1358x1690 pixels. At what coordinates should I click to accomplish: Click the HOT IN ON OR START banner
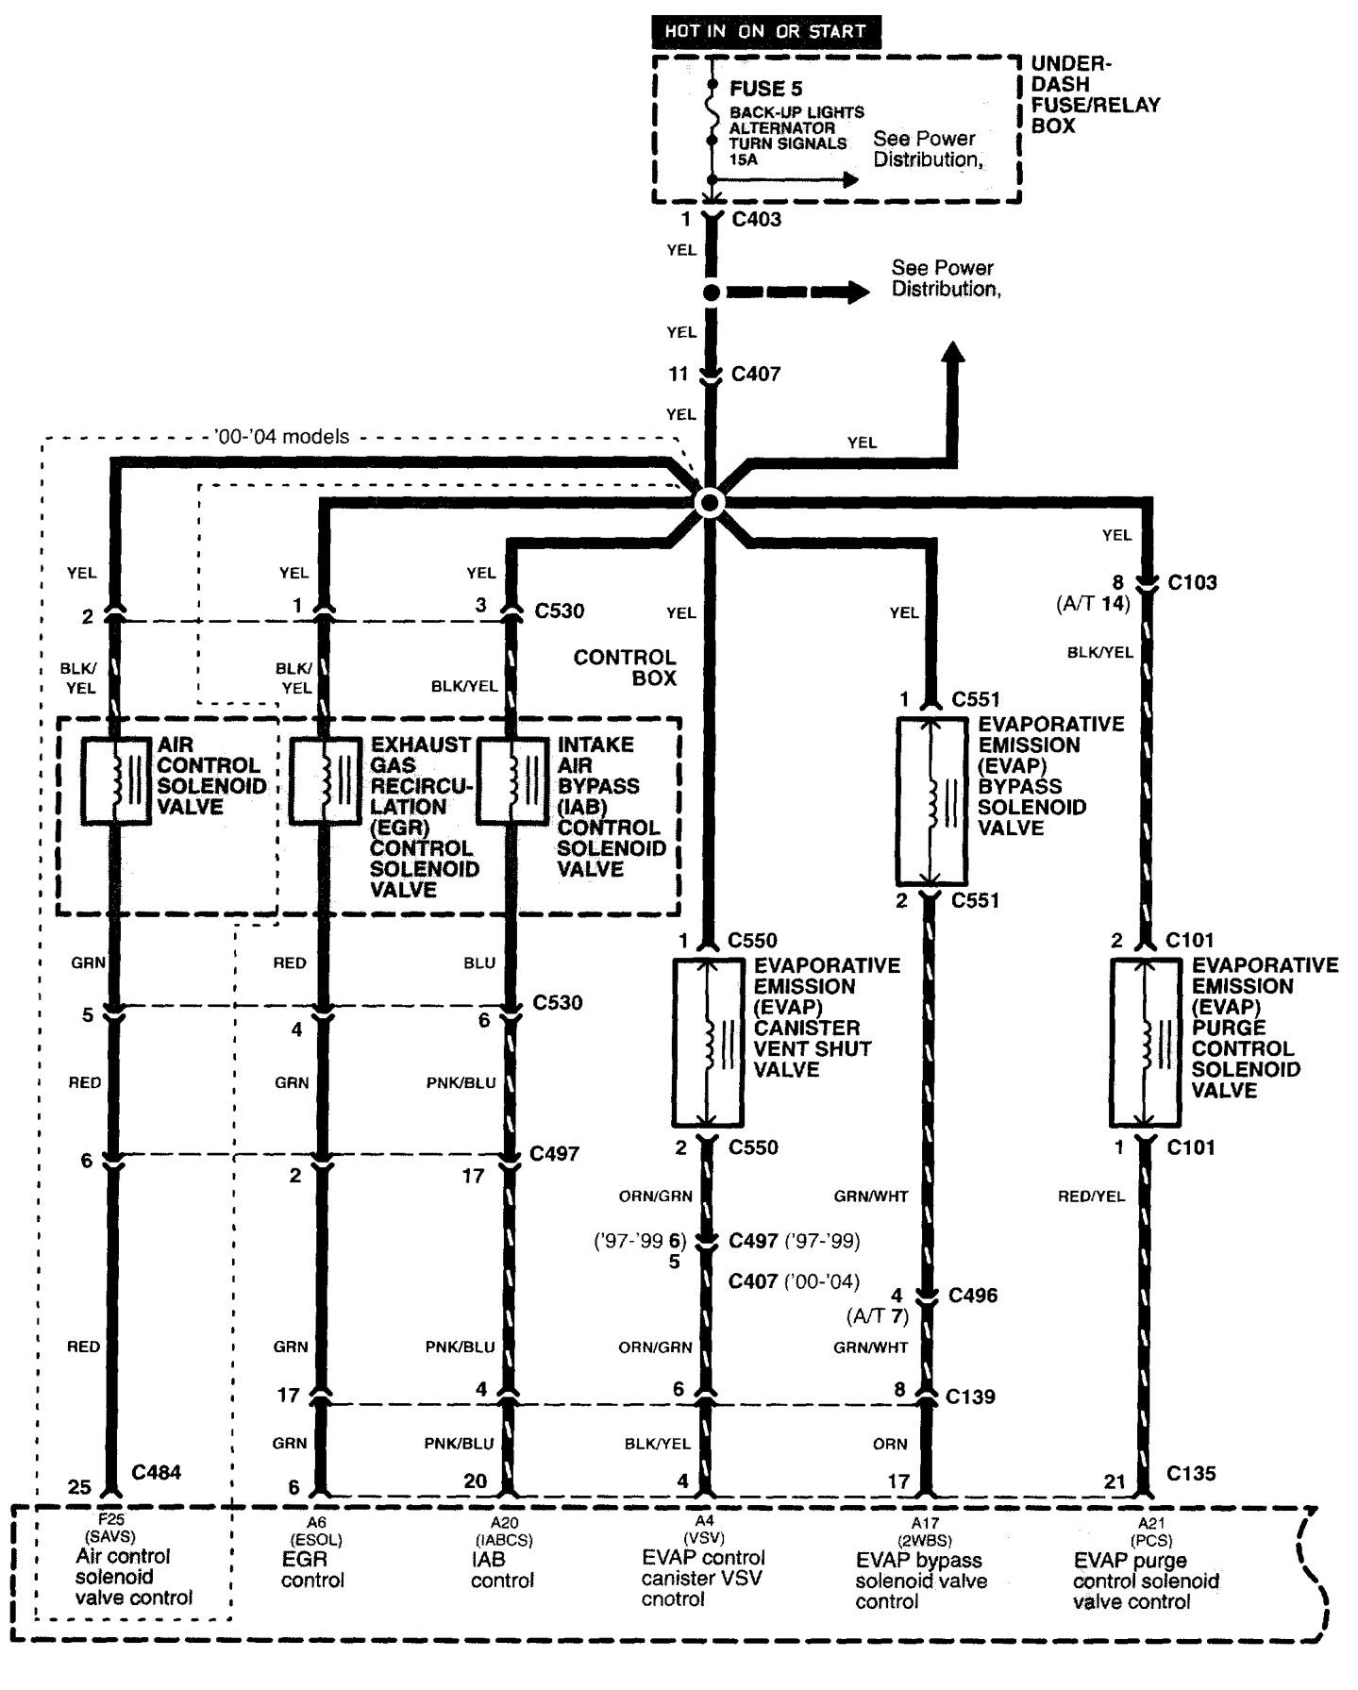[764, 31]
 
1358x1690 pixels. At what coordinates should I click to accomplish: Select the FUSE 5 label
[765, 89]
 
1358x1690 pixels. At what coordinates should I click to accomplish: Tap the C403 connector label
[756, 219]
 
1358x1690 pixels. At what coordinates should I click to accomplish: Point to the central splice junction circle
[709, 502]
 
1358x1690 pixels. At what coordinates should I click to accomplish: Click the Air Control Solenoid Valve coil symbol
[115, 781]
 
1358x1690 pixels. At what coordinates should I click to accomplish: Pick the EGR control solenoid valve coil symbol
[324, 781]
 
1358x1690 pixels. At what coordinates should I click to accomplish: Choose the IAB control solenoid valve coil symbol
[511, 781]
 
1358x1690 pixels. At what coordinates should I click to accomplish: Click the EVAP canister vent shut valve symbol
[708, 1043]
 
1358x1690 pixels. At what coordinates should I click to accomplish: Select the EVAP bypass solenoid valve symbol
[930, 800]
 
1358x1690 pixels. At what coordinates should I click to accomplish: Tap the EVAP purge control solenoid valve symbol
[1145, 1043]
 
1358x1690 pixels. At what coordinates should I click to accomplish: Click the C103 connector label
[1192, 582]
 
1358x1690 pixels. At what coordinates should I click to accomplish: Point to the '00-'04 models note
[281, 437]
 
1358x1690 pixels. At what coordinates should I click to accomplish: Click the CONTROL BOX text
[625, 667]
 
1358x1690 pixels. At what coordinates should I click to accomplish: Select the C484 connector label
[156, 1472]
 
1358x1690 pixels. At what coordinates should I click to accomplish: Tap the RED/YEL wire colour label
[1091, 1196]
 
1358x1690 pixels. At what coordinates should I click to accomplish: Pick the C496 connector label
[972, 1296]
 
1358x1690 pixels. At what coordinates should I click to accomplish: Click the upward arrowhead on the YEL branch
[955, 353]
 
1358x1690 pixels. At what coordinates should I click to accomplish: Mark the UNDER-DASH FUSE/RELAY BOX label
[1095, 94]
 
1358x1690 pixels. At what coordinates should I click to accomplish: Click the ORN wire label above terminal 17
[889, 1444]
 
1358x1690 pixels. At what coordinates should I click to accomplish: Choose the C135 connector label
[1191, 1473]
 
